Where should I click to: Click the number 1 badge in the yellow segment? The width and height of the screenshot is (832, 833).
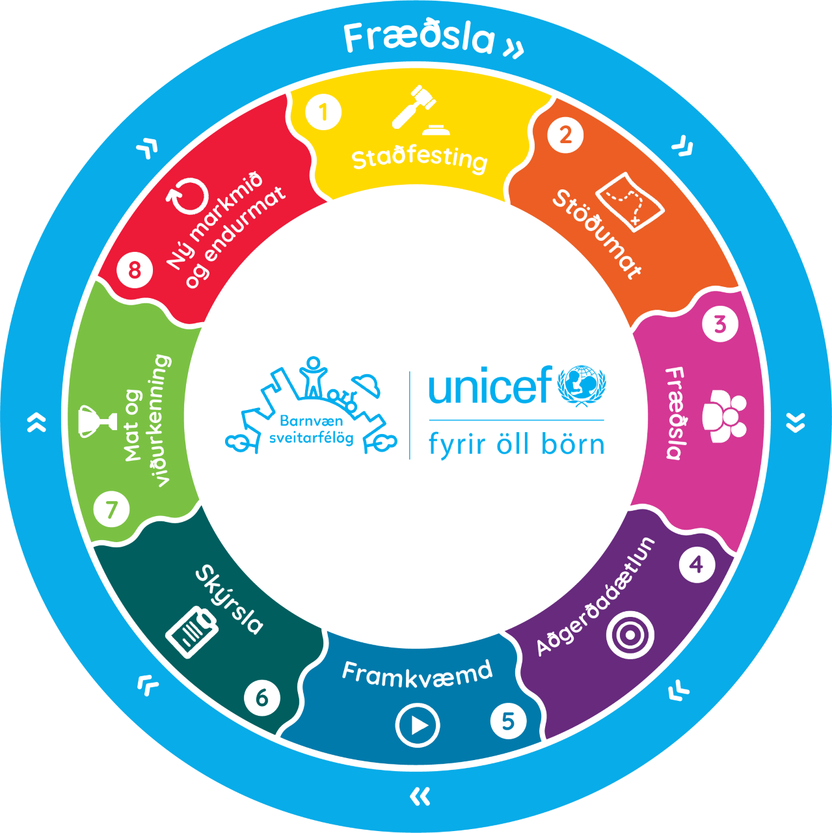point(323,112)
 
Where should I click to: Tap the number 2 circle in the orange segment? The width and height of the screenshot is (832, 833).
point(565,135)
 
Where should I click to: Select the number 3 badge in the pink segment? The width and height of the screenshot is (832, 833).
point(719,324)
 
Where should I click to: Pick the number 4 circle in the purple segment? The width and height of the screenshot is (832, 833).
point(697,565)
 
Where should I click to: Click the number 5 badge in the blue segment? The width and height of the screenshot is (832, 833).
point(508,720)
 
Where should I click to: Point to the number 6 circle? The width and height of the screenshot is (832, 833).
point(262,697)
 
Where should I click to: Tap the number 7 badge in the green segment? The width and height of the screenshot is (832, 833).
point(111,509)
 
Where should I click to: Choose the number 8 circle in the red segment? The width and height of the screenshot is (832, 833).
point(135,269)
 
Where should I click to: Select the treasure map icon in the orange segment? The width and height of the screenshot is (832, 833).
point(629,202)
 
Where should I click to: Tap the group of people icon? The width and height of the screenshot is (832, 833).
point(725,415)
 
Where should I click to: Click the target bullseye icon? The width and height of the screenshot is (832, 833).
point(630,635)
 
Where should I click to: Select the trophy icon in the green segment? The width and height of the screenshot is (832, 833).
point(97,421)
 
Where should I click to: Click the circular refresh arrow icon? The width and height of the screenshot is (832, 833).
point(187,195)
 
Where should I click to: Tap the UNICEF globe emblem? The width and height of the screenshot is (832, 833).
point(582,386)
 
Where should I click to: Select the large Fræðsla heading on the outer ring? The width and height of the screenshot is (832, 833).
point(419,38)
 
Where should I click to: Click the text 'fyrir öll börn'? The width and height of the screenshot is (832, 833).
point(516,445)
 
